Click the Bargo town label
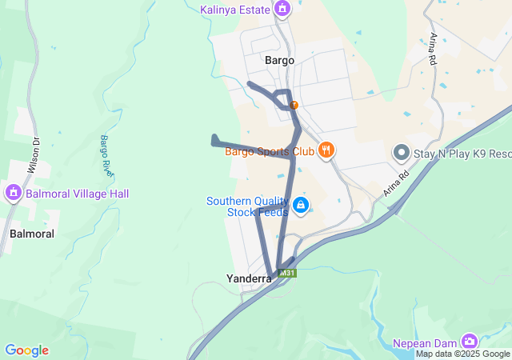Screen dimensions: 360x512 (279, 60)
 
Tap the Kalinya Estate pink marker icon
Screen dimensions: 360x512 (282, 9)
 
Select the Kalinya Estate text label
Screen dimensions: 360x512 (234, 9)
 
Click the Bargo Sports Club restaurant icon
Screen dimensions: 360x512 (326, 150)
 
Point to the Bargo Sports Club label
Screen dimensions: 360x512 (269, 150)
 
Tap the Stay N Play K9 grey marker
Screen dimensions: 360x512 (402, 152)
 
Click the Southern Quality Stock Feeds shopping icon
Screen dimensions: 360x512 (300, 206)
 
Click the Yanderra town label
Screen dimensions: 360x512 (249, 278)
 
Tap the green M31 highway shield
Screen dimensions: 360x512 (288, 273)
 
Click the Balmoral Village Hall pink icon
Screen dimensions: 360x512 (12, 193)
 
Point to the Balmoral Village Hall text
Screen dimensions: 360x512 (77, 194)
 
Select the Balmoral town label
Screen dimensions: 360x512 (32, 234)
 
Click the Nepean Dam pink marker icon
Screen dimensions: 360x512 (469, 342)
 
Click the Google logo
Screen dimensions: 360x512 (26, 350)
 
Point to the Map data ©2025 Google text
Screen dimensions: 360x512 (462, 354)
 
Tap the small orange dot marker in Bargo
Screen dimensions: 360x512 (294, 105)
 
